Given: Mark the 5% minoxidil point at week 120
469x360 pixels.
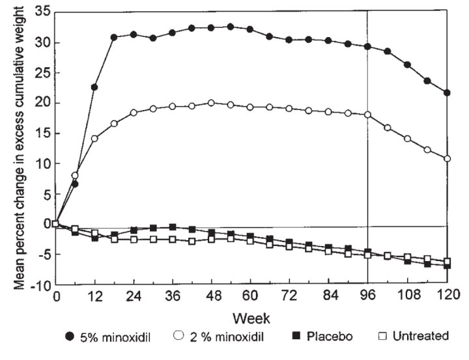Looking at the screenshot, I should pos(446,92).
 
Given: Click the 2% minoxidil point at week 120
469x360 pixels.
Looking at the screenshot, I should pos(446,159).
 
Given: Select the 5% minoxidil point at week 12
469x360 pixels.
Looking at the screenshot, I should pos(94,87).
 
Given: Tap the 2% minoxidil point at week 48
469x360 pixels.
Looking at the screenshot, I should pos(211,103).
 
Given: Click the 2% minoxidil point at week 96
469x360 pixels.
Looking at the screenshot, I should pos(367,115).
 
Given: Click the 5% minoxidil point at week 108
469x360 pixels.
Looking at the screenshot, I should pos(407,65).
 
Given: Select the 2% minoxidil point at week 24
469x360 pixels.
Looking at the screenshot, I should pos(134,113).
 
